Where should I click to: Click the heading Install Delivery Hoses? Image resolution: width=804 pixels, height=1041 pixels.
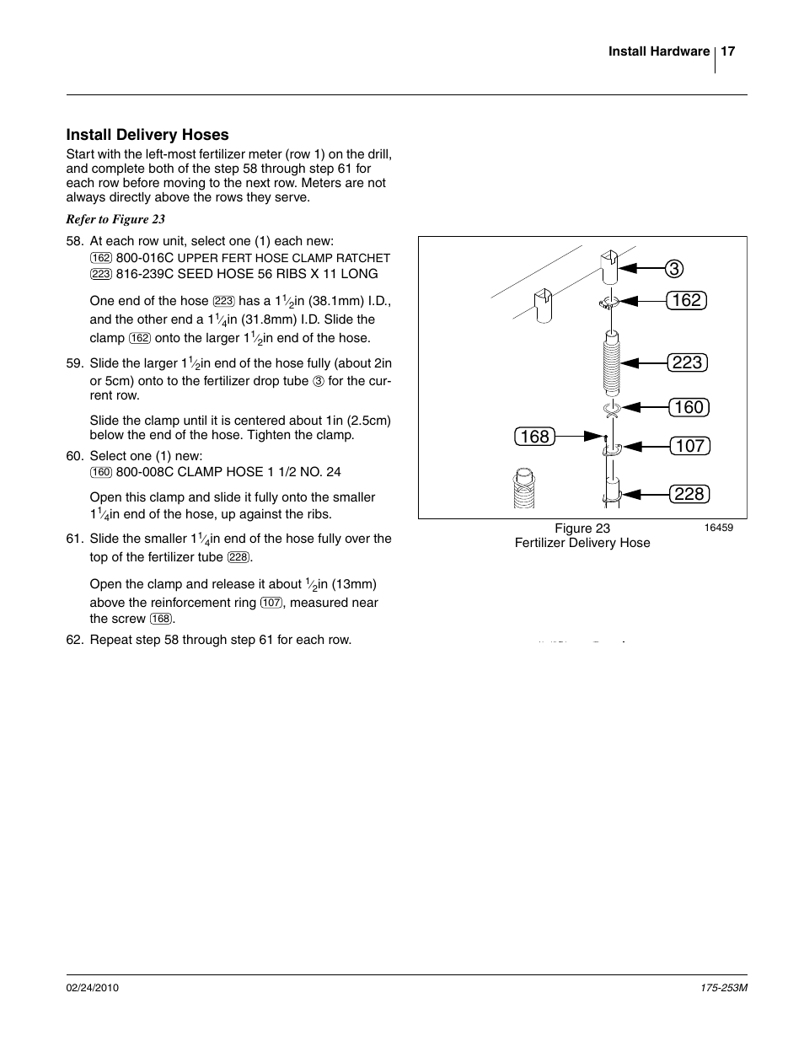click(147, 135)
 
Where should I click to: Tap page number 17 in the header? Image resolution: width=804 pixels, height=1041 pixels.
click(728, 51)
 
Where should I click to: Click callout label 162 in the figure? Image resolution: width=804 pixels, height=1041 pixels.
click(687, 300)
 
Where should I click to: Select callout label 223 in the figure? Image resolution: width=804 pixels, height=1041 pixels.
click(687, 362)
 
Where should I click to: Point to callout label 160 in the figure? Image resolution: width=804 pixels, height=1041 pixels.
click(689, 407)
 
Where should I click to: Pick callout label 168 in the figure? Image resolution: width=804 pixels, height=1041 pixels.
click(534, 437)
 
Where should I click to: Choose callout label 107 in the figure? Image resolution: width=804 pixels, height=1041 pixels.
click(689, 446)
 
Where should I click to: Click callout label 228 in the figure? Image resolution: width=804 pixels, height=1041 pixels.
click(689, 494)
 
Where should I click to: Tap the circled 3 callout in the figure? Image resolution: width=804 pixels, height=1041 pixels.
click(673, 269)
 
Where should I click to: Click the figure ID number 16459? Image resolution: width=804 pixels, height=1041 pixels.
click(718, 529)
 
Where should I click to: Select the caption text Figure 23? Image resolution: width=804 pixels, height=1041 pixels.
click(582, 529)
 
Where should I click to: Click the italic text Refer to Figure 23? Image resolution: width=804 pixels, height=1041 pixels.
click(115, 219)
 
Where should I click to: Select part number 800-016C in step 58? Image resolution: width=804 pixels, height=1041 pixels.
click(145, 258)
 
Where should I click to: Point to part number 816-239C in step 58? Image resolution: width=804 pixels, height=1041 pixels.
click(145, 274)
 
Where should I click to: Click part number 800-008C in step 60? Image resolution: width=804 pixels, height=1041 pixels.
click(145, 472)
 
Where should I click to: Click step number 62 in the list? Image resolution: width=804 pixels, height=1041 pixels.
click(73, 640)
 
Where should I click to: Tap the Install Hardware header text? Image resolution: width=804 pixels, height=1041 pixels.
click(659, 51)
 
